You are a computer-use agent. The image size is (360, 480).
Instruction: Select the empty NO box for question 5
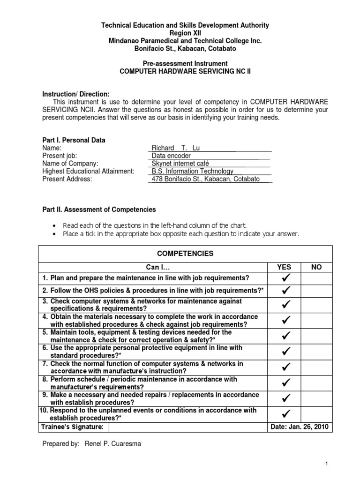[x=316, y=336]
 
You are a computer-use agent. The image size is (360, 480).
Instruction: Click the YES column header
[x=284, y=267]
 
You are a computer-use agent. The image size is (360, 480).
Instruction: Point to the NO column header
[x=316, y=267]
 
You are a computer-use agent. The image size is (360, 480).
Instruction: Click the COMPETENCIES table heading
[x=185, y=254]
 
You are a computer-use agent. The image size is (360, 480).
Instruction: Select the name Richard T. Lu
[x=176, y=148]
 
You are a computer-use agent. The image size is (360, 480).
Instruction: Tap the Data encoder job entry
[x=172, y=156]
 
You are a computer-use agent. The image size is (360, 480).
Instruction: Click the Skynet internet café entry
[x=180, y=164]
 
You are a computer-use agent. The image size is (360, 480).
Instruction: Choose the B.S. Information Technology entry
[x=192, y=172]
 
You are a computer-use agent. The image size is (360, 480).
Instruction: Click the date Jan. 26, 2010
[x=300, y=427]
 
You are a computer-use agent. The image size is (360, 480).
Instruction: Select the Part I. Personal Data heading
[x=74, y=140]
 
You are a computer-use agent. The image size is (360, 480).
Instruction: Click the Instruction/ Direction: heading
[x=76, y=94]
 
